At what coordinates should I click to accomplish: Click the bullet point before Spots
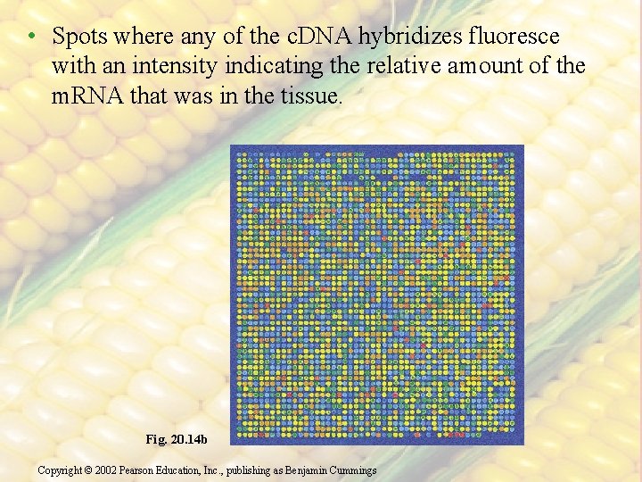[x=31, y=37]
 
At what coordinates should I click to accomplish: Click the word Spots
[x=78, y=37]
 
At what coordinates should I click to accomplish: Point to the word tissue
[x=310, y=96]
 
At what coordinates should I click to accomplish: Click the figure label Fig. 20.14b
[x=177, y=439]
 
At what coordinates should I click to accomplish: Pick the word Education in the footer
[x=193, y=470]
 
